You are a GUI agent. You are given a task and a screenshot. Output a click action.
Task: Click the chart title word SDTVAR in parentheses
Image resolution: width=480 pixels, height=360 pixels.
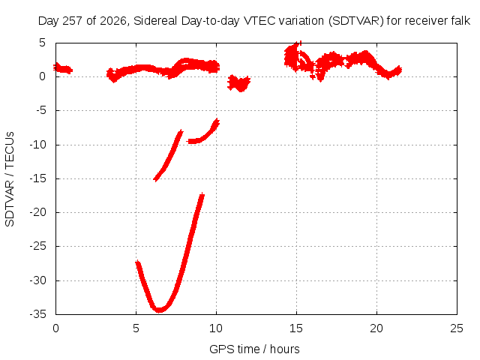pyautogui.click(x=357, y=21)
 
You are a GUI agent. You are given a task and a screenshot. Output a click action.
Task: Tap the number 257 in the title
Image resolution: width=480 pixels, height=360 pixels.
pyautogui.click(x=73, y=21)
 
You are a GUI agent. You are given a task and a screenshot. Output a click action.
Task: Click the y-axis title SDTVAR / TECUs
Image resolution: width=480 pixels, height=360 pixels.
pyautogui.click(x=10, y=179)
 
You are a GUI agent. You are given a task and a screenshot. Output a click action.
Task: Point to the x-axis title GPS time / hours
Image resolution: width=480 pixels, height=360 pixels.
pyautogui.click(x=254, y=349)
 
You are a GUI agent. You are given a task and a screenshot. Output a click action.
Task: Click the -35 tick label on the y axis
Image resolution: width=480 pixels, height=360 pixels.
pyautogui.click(x=37, y=314)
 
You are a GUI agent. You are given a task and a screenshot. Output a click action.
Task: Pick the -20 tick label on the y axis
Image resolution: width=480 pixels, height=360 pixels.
pyautogui.click(x=37, y=212)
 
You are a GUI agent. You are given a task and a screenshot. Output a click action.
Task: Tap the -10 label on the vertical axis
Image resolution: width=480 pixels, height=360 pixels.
pyautogui.click(x=37, y=145)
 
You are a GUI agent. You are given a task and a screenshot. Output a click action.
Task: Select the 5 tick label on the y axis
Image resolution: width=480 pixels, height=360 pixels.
pyautogui.click(x=42, y=43)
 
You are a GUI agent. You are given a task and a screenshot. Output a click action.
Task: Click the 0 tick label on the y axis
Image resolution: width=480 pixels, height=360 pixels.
pyautogui.click(x=42, y=76)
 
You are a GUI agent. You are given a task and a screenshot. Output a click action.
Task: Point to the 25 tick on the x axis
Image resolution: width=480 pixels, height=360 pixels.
pyautogui.click(x=457, y=328)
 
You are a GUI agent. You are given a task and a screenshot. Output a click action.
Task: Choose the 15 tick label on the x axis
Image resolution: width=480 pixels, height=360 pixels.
pyautogui.click(x=296, y=328)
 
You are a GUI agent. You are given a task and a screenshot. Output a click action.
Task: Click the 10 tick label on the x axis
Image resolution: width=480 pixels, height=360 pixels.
pyautogui.click(x=216, y=328)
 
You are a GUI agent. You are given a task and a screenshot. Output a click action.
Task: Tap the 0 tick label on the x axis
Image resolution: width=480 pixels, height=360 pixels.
pyautogui.click(x=55, y=328)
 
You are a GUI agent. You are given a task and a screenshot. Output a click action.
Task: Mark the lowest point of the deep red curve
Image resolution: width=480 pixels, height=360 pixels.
pyautogui.click(x=159, y=310)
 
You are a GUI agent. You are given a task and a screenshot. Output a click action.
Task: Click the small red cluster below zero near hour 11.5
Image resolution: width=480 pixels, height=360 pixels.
pyautogui.click(x=239, y=83)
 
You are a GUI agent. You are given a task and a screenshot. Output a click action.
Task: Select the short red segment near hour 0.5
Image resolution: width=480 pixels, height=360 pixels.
pyautogui.click(x=63, y=68)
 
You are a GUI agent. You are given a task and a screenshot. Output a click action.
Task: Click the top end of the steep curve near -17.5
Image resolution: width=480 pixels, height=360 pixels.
pyautogui.click(x=202, y=195)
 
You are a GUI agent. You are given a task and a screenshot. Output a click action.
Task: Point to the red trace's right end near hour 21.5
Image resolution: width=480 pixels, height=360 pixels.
pyautogui.click(x=400, y=70)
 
